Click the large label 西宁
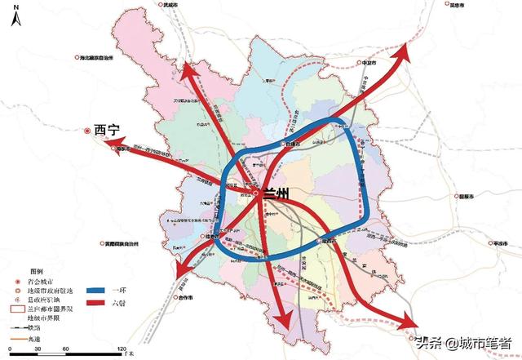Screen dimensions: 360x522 (x=107, y=129)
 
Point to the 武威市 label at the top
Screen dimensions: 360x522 (x=170, y=6)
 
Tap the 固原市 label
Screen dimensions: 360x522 (x=466, y=197)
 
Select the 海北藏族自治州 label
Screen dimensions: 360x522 (x=104, y=58)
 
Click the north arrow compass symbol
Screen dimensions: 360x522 (x=14, y=16)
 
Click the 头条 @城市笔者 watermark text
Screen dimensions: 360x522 (x=462, y=343)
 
